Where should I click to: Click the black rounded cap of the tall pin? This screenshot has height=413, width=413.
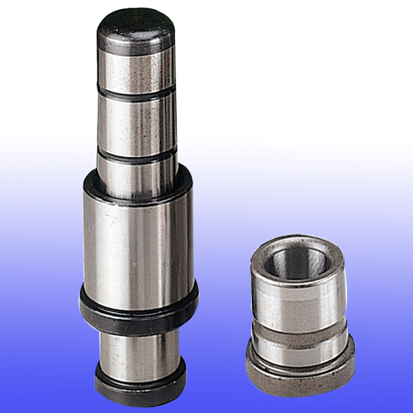(136, 31)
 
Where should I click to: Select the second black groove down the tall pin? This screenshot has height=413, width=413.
(137, 154)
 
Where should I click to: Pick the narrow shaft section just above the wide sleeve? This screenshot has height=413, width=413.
(137, 173)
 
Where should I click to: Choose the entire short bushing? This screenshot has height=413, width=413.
(298, 310)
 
